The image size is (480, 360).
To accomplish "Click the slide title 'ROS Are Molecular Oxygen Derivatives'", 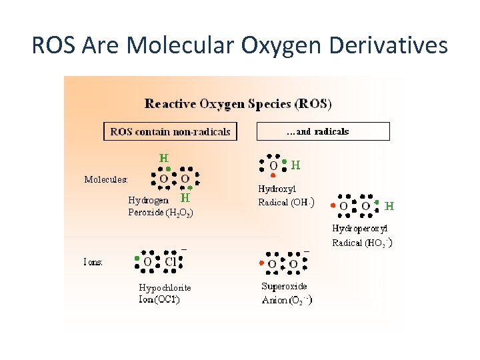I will (x=240, y=45).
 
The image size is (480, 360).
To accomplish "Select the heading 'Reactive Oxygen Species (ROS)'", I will (x=238, y=104).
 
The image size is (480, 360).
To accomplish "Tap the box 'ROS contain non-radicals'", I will (x=170, y=131).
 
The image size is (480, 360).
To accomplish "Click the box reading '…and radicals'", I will (x=323, y=131).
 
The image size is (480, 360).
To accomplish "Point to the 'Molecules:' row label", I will (x=106, y=179).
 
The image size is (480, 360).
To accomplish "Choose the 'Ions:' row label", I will (x=93, y=262).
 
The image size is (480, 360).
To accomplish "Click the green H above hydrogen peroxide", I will (x=163, y=159).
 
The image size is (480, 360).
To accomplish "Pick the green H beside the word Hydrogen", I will (x=186, y=198).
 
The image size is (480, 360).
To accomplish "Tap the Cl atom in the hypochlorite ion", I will (x=171, y=262).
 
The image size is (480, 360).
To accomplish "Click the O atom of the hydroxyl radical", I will (x=273, y=165).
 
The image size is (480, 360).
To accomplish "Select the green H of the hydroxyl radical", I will (x=295, y=164).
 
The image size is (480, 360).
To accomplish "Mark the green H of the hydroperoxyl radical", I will (x=389, y=206).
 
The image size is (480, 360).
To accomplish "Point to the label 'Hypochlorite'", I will (x=165, y=287).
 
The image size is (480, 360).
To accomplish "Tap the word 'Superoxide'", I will (x=284, y=286).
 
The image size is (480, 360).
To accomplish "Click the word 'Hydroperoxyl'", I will (x=360, y=228).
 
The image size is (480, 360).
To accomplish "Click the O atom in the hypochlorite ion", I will (x=147, y=262).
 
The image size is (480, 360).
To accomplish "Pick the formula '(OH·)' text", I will (x=302, y=202).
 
